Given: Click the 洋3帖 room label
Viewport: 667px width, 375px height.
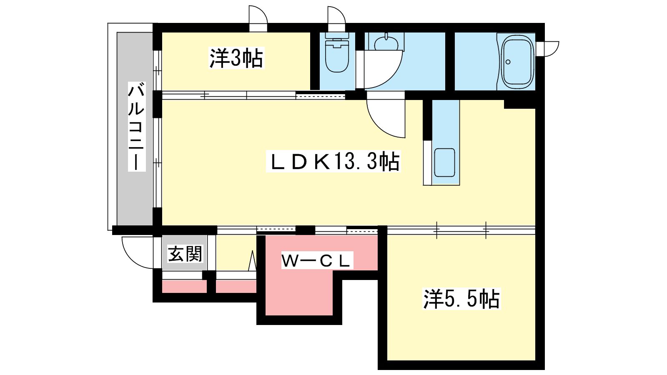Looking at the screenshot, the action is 236,58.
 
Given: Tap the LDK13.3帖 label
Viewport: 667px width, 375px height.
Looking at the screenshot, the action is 333,161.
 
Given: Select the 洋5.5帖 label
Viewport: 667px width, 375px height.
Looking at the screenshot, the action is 461,298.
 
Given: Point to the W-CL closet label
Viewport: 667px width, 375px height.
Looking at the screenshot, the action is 317,261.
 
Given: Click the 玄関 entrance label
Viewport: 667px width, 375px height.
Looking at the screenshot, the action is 185,254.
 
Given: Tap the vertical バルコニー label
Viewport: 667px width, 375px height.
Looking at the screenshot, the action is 137,127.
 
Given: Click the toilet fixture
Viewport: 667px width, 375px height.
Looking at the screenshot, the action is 337,52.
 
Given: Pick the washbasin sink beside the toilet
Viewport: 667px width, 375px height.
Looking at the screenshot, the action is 386,42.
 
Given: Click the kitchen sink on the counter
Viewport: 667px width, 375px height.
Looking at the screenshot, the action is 444,163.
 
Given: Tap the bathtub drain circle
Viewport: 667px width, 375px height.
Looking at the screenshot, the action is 508,62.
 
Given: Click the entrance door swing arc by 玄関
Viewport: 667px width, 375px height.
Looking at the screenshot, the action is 138,252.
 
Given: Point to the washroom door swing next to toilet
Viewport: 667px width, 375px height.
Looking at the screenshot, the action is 383,70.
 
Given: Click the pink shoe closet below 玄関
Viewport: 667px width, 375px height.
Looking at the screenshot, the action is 184,287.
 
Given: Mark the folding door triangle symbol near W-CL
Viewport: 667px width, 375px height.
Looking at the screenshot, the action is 252,261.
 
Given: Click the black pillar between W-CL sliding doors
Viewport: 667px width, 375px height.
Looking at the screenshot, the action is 305,230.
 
